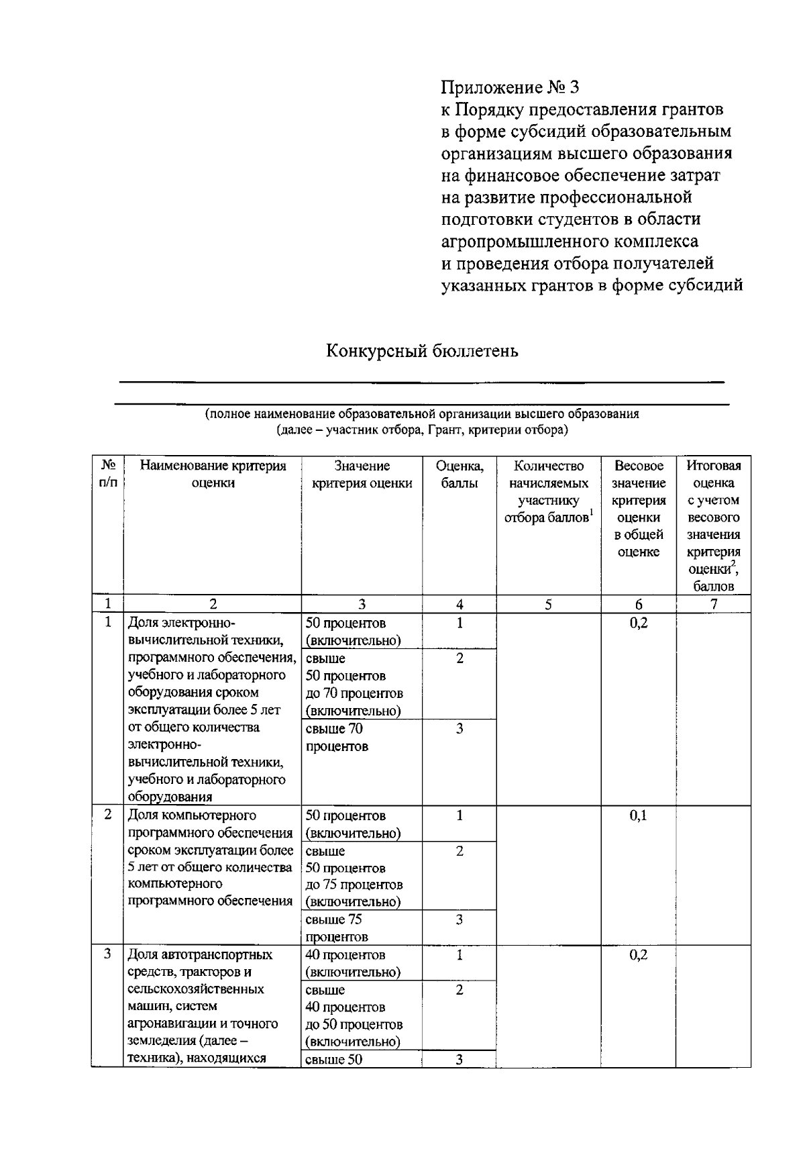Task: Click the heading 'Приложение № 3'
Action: [509, 87]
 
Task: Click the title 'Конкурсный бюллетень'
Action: [422, 351]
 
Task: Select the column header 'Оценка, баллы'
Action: [460, 474]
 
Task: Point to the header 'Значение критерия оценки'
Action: [362, 474]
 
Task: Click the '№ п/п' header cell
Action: [107, 474]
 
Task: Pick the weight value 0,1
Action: [638, 816]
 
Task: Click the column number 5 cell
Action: [548, 605]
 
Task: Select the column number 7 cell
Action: [713, 605]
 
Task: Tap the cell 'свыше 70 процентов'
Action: [335, 738]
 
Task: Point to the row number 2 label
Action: [107, 815]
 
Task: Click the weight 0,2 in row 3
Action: [638, 955]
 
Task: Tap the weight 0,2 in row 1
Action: [638, 623]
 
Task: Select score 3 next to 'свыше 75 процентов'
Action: [460, 920]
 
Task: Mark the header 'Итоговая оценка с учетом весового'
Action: [713, 500]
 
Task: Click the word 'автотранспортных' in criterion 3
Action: [217, 955]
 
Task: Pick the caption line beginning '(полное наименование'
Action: [422, 414]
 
